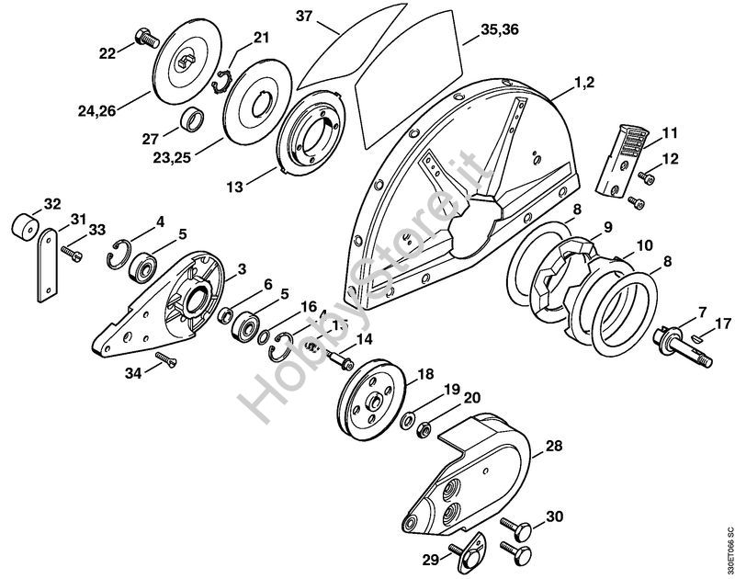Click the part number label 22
pos(107,54)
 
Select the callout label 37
pos(305,16)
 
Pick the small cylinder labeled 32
pos(25,226)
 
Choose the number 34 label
pos(135,373)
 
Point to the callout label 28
pos(553,446)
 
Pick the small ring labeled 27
pos(192,120)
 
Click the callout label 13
pos(236,186)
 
